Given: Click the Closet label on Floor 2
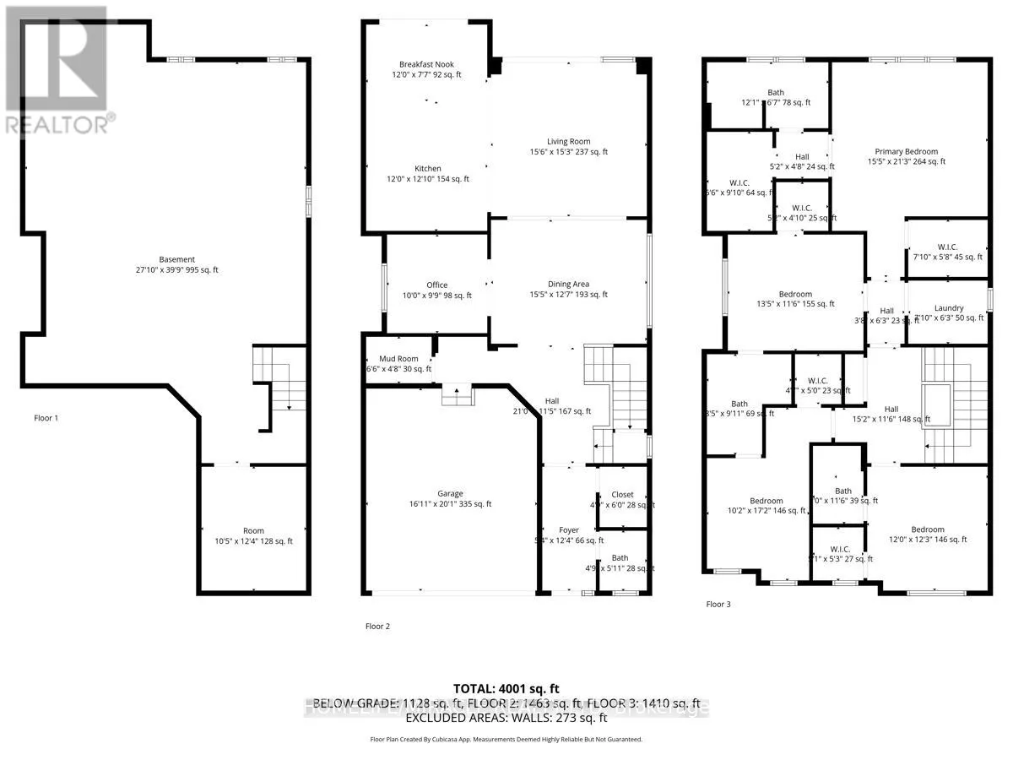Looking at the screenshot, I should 622,495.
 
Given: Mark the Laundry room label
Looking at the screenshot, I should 947,308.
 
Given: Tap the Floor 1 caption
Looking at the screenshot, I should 46,418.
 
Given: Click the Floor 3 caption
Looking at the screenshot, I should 719,604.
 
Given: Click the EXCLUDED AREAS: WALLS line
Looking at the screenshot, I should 506,719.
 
